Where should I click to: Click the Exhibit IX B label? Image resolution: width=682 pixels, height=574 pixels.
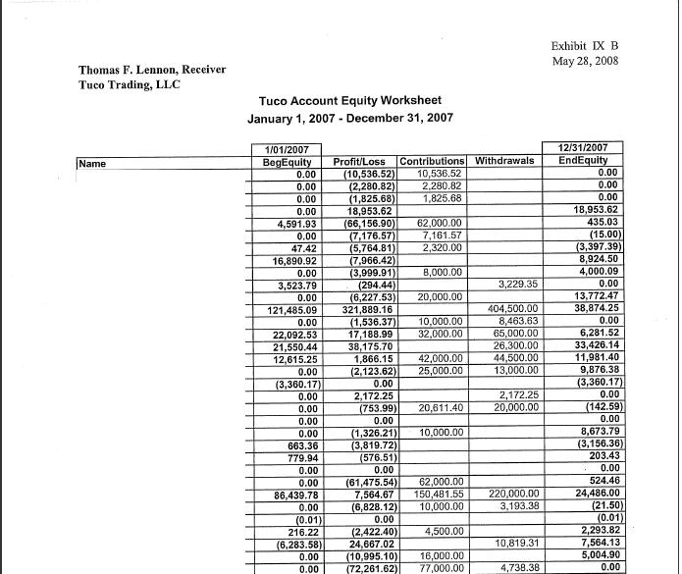click(x=585, y=45)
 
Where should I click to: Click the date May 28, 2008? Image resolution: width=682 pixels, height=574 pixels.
click(x=586, y=62)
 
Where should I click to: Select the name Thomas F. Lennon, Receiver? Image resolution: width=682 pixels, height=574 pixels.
click(x=152, y=70)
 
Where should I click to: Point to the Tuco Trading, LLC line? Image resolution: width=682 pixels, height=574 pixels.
click(x=129, y=84)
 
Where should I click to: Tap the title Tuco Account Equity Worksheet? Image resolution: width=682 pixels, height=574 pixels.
click(x=349, y=101)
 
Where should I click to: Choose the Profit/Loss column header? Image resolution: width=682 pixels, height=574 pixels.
click(x=362, y=161)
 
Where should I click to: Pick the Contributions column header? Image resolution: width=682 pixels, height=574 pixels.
click(x=432, y=161)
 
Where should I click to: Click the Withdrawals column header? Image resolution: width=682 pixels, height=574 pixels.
click(x=505, y=161)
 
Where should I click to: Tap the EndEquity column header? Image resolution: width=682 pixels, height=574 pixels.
click(x=583, y=161)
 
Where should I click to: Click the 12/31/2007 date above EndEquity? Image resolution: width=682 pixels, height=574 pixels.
click(x=583, y=148)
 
